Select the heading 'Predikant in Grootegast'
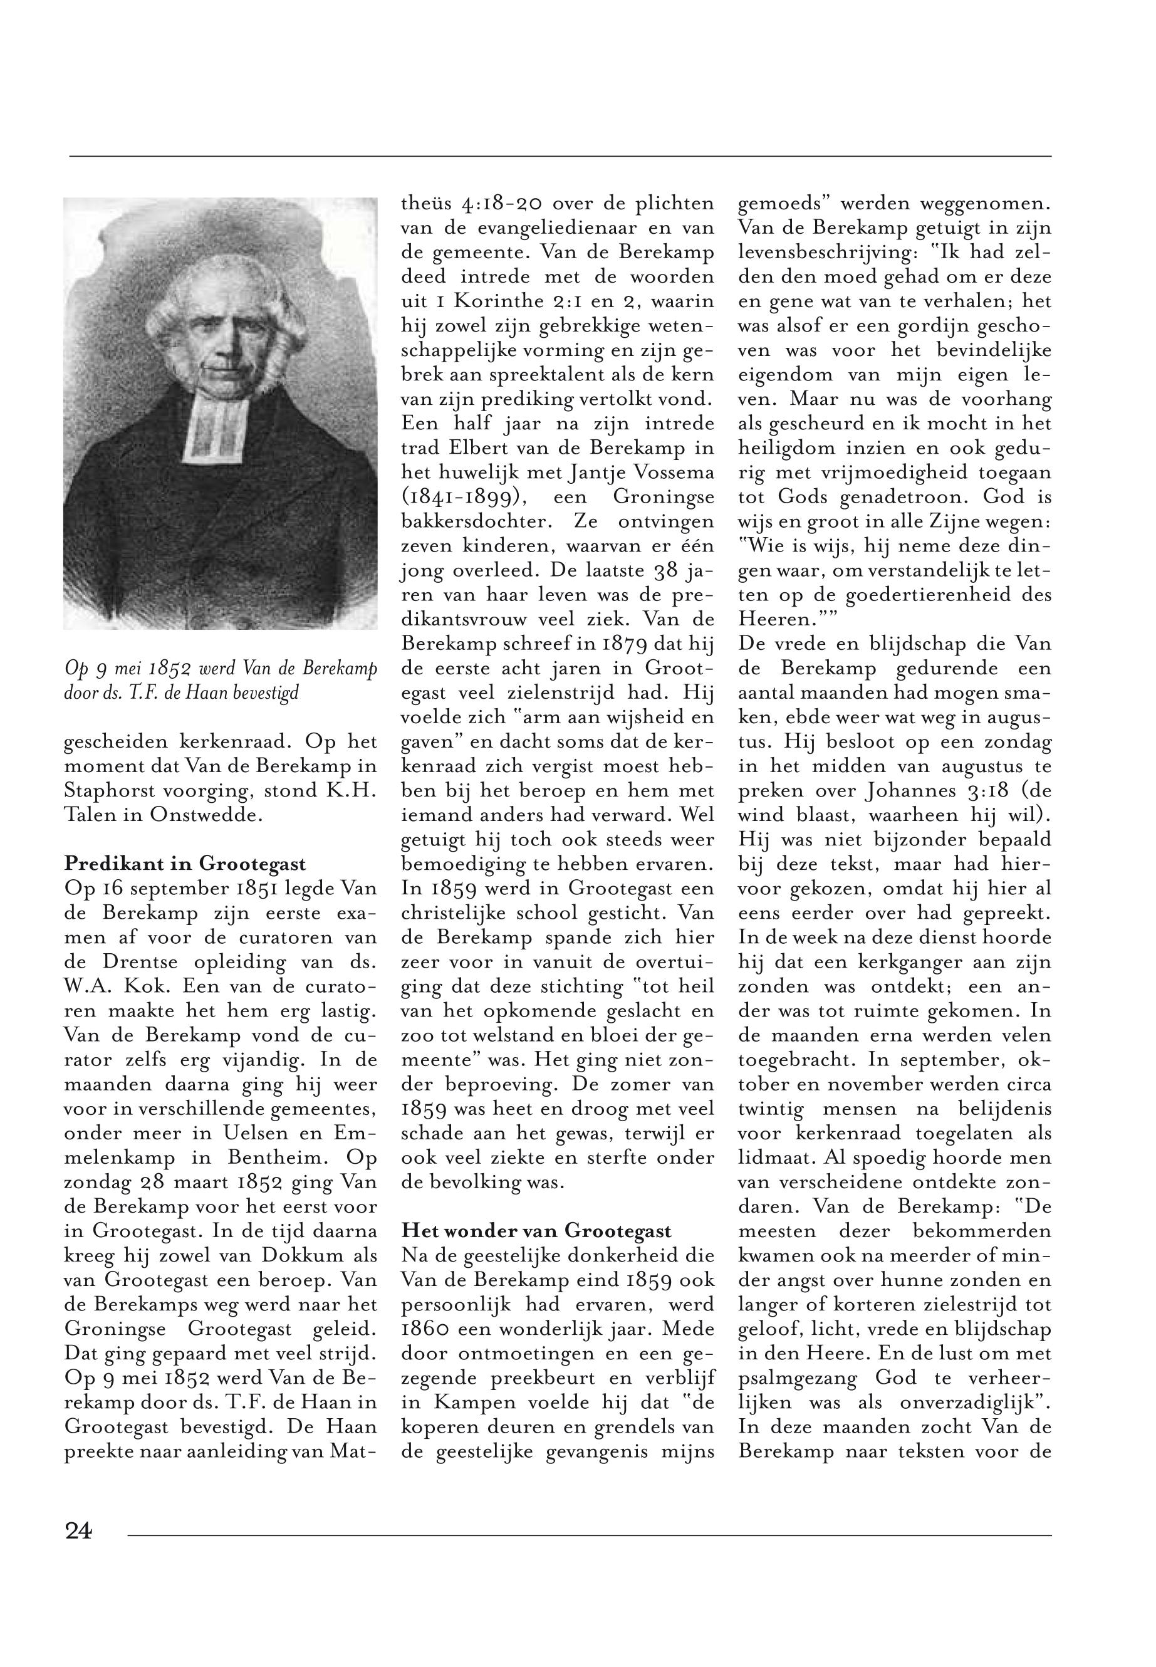[x=185, y=864]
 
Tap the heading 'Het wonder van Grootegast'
[x=537, y=1231]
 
